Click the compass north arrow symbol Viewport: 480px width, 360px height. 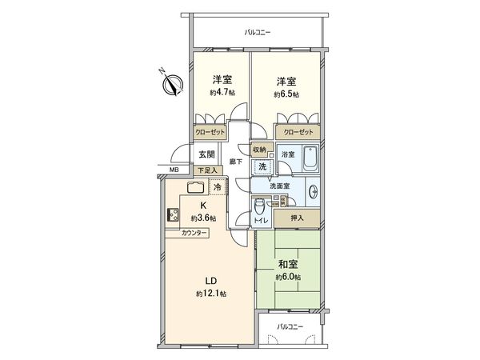coord(172,82)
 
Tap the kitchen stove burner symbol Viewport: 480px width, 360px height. coord(174,214)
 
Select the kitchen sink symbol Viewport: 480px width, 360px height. coord(195,188)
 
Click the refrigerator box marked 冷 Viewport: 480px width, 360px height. coord(218,187)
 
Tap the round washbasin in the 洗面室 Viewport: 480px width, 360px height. coord(313,192)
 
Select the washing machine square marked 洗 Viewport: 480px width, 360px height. coord(261,166)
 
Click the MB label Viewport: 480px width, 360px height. coord(174,170)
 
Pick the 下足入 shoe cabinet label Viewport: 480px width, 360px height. coord(206,170)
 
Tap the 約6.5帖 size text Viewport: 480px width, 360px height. coord(287,94)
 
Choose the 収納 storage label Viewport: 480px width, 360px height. coord(260,150)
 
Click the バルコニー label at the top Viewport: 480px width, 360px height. coord(258,33)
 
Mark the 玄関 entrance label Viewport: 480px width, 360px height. coord(206,154)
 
